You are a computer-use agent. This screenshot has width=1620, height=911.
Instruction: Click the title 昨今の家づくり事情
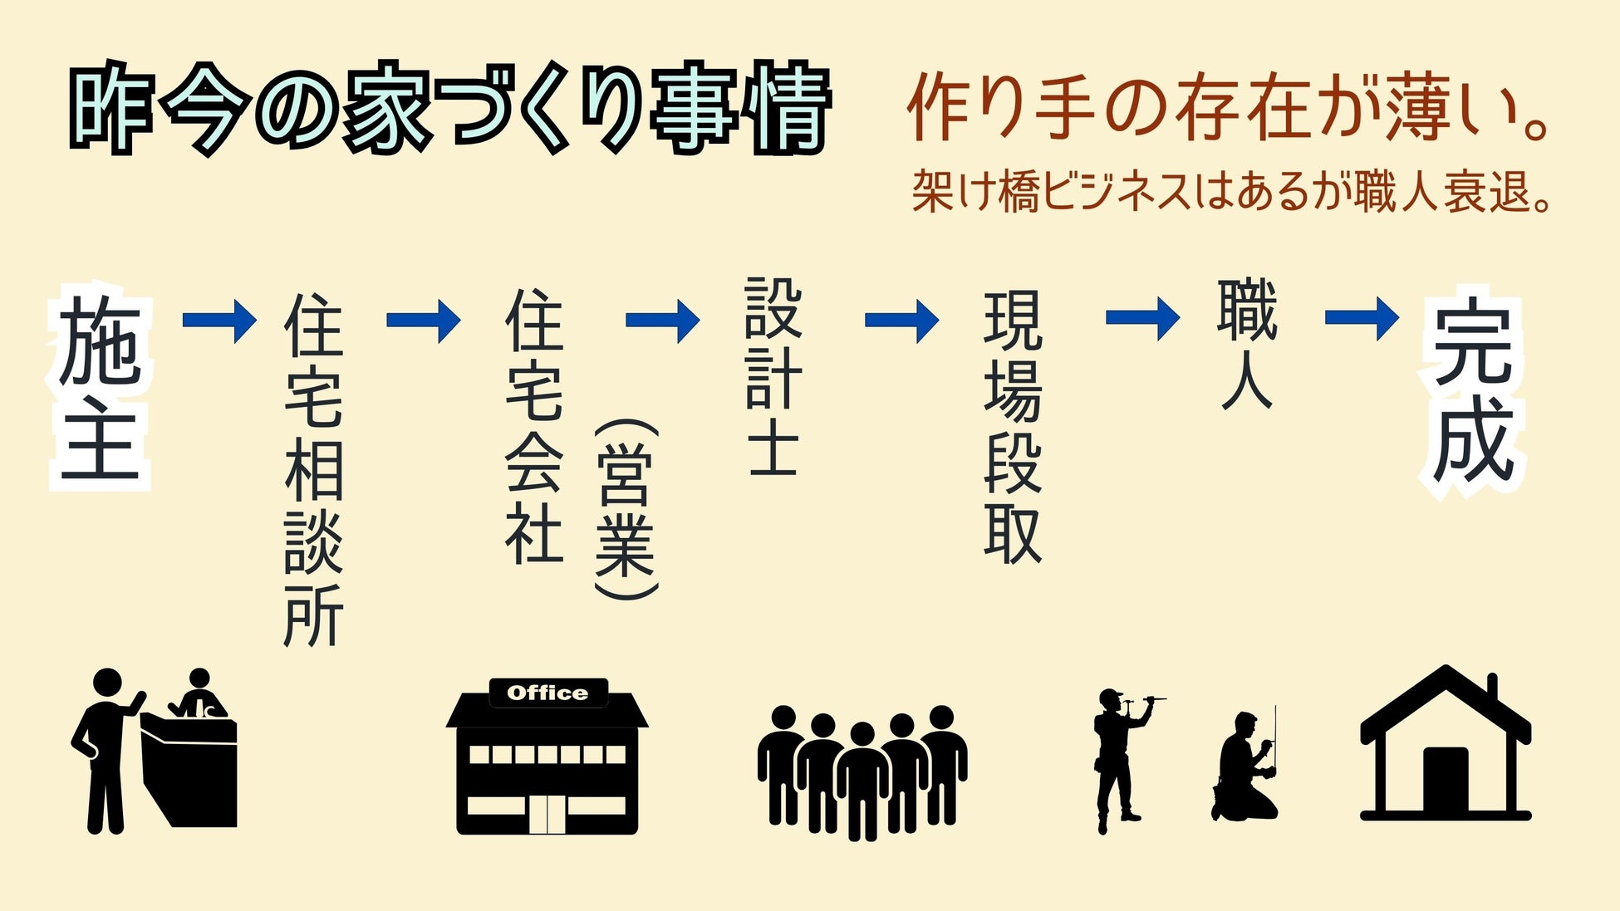tap(449, 108)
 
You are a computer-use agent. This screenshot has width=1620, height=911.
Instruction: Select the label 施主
tap(100, 387)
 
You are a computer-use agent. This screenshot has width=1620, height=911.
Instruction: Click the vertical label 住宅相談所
tap(313, 469)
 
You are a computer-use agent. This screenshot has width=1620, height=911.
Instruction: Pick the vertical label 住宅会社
tap(534, 426)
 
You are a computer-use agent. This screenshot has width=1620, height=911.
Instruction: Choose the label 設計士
tap(773, 375)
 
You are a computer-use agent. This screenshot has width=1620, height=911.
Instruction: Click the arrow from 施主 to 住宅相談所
tap(219, 320)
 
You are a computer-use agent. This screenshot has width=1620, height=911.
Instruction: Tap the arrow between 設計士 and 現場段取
tap(902, 320)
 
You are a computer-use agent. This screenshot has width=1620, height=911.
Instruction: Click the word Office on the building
tap(547, 693)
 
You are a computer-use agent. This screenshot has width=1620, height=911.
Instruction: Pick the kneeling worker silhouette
tap(1244, 769)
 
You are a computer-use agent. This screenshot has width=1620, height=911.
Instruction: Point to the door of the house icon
tap(1446, 780)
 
